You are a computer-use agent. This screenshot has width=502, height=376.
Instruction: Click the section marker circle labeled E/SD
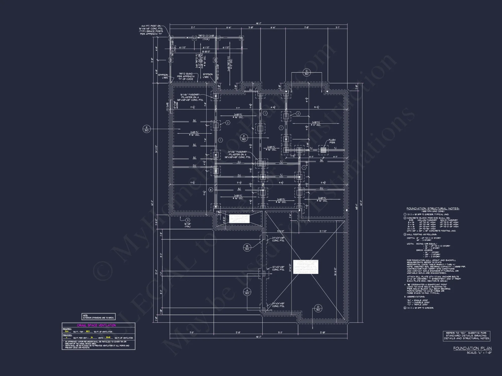coord(147,129)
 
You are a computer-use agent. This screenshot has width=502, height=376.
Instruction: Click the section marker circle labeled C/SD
coord(306,72)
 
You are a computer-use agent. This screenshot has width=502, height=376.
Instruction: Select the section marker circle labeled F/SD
coord(244,138)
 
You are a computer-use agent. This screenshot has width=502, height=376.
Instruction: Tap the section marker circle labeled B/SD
coord(247,248)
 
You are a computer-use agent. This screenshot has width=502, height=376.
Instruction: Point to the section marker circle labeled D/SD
coord(318,308)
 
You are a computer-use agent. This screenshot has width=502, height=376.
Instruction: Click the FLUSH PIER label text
coord(332,141)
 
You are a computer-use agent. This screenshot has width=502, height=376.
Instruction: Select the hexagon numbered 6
coord(211,190)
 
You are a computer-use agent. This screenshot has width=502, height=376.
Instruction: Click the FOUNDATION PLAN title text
coord(472,348)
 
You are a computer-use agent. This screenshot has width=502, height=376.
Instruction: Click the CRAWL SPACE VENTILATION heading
coord(97,325)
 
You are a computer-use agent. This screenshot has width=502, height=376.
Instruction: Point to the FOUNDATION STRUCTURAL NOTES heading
coord(433,209)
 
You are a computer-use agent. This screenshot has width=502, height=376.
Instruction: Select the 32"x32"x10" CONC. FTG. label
coord(278,268)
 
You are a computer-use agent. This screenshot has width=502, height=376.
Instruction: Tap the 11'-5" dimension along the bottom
coord(192,333)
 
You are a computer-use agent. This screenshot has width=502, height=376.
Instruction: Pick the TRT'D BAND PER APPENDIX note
coord(186,76)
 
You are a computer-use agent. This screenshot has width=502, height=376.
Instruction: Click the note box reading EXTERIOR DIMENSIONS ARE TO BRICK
coord(99,317)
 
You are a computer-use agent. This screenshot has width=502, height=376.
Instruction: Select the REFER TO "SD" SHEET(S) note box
coord(467,336)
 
